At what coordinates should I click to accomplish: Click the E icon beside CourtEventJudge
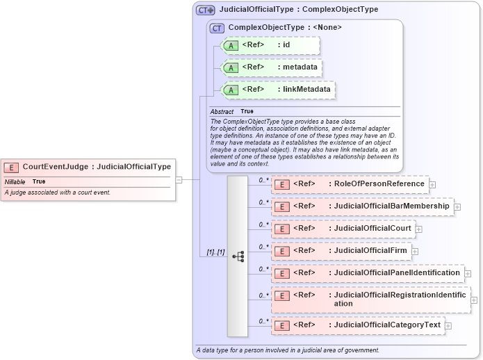12,167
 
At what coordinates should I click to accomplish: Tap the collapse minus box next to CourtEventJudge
179,179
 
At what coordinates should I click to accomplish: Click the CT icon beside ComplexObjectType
217,28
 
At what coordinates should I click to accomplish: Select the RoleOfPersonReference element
350,184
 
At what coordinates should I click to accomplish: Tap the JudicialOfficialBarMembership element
362,206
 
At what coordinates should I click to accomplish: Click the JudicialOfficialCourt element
343,229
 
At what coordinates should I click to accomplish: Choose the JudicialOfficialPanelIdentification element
368,273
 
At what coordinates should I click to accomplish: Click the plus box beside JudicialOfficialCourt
419,229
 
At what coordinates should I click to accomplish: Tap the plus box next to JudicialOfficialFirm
415,251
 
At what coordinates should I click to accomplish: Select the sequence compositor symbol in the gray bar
238,256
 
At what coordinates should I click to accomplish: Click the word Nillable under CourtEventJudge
15,181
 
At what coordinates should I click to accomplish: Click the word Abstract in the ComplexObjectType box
222,111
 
